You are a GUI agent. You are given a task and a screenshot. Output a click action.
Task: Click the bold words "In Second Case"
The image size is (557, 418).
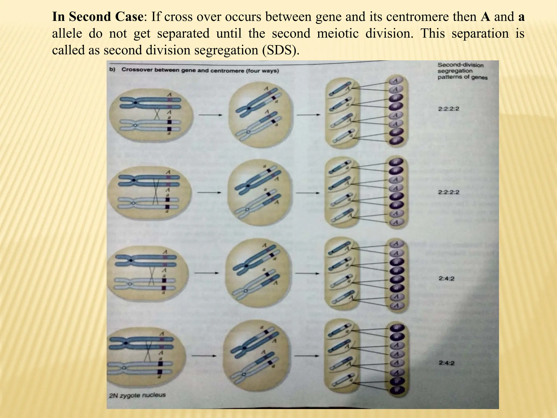(x=97, y=17)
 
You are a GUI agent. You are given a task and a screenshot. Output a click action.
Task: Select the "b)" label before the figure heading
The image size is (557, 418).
(x=112, y=70)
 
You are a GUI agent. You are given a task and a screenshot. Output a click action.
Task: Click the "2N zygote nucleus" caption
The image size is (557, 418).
(x=137, y=395)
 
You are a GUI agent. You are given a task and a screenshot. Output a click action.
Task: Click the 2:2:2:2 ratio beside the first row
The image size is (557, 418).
(x=448, y=109)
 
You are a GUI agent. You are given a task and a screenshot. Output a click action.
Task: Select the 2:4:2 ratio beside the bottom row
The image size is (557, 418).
(x=446, y=363)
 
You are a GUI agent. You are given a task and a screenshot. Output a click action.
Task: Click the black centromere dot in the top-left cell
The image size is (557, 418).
(x=135, y=103)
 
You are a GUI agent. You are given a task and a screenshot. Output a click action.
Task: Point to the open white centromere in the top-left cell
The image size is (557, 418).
(x=135, y=125)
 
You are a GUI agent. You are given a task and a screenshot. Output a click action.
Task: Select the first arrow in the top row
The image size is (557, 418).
(x=210, y=115)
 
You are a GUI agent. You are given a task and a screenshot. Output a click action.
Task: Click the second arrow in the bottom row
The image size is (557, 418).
(x=307, y=356)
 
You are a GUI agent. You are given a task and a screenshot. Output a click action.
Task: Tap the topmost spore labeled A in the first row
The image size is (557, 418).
(x=395, y=81)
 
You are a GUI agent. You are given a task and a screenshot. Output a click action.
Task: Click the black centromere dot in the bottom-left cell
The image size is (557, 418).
(x=126, y=343)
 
